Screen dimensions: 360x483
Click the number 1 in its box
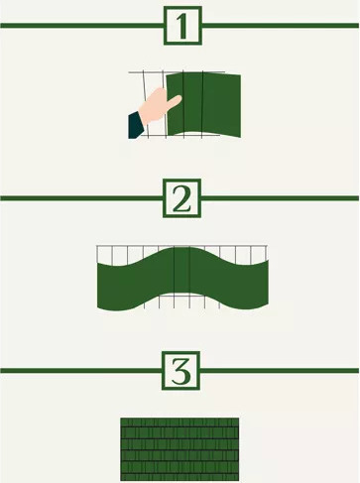pos(182,26)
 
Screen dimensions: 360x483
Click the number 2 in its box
pos(181,198)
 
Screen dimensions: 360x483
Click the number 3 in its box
pos(180,371)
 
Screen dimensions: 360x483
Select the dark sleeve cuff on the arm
pos(136,125)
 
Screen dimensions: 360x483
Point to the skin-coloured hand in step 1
pos(158,106)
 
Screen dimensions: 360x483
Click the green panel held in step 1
pos(203,105)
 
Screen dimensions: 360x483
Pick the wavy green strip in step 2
pos(182,279)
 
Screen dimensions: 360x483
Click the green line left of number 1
pos(82,26)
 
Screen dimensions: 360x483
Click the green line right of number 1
pos(280,26)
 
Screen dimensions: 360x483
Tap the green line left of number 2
pos(81,198)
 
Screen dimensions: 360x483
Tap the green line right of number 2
pos(280,198)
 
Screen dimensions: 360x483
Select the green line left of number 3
pos(80,371)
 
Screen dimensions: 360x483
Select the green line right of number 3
pos(280,371)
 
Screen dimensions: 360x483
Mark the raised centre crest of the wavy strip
pos(182,249)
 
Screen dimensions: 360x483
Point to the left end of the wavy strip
pos(98,285)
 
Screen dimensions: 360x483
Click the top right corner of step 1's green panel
pos(240,75)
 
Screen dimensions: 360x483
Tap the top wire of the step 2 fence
pos(181,246)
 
